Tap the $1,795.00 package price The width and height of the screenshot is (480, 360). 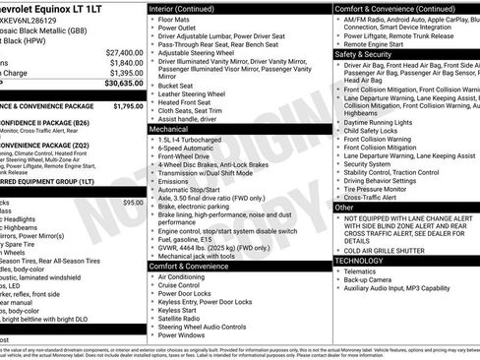tap(127, 105)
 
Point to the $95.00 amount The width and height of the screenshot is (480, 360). tap(132, 203)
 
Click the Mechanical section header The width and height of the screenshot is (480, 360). tap(169, 129)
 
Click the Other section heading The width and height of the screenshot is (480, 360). tap(344, 208)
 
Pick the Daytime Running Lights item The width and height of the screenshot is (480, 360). tap(381, 120)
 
